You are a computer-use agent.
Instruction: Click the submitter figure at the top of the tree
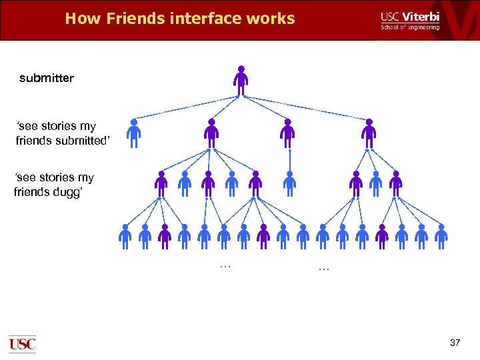coord(241,81)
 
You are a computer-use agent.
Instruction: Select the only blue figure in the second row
coord(135,133)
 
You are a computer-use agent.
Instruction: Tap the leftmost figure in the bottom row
coord(125,237)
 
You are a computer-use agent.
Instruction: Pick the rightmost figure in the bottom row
coord(441,237)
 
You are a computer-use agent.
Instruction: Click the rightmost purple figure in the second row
coord(368,133)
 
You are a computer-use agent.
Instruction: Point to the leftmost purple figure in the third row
coord(161,184)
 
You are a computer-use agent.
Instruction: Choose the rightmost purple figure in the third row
coord(396,184)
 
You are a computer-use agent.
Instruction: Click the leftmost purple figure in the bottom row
coord(165,237)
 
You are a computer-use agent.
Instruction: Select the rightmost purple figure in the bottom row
coord(382,237)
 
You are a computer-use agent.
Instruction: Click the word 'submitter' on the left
coord(47,79)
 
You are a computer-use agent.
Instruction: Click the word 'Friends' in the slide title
coord(133,19)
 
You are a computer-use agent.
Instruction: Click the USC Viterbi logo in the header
coord(410,20)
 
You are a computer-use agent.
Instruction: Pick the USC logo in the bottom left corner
coord(22,343)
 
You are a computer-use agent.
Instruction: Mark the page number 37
coord(455,343)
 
